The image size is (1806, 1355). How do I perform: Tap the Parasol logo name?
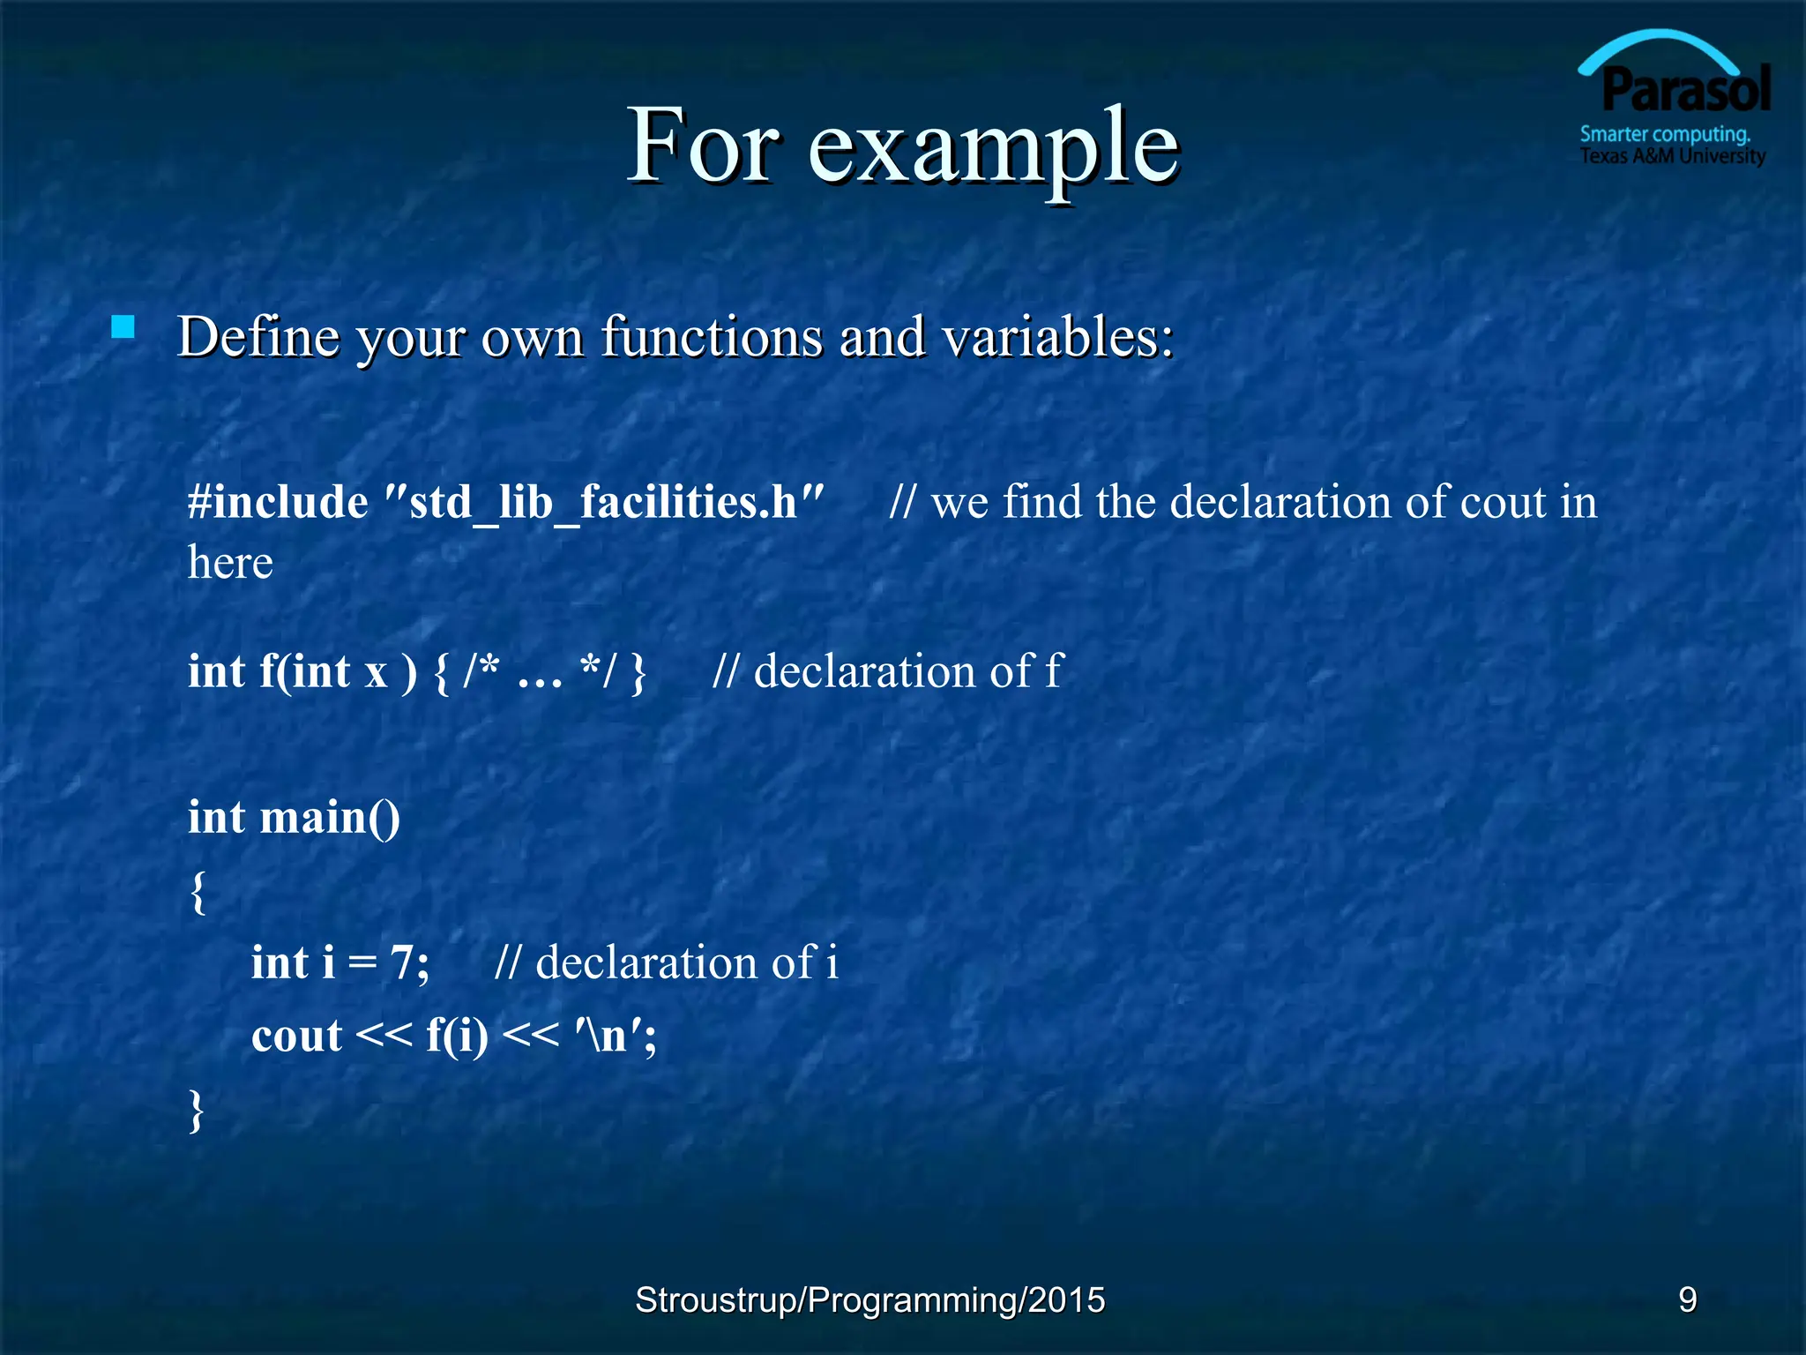click(1685, 90)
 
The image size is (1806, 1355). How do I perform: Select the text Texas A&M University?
click(1672, 156)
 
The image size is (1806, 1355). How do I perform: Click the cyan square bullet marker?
click(123, 328)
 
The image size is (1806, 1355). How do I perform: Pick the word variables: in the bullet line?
click(1057, 337)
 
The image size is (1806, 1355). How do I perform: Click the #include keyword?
click(278, 502)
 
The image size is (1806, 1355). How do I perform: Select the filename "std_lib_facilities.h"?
click(605, 502)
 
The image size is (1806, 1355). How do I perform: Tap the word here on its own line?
click(230, 563)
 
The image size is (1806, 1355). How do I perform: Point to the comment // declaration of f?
click(888, 671)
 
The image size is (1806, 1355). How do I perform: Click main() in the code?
click(330, 817)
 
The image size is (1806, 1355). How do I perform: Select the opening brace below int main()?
click(198, 892)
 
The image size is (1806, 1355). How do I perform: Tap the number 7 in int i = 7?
click(402, 962)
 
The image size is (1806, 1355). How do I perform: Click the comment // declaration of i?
click(666, 962)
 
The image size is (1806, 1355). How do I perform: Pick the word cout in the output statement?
click(296, 1036)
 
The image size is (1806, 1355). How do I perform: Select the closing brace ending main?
click(197, 1110)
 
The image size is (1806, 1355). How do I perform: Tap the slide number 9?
click(1687, 1299)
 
